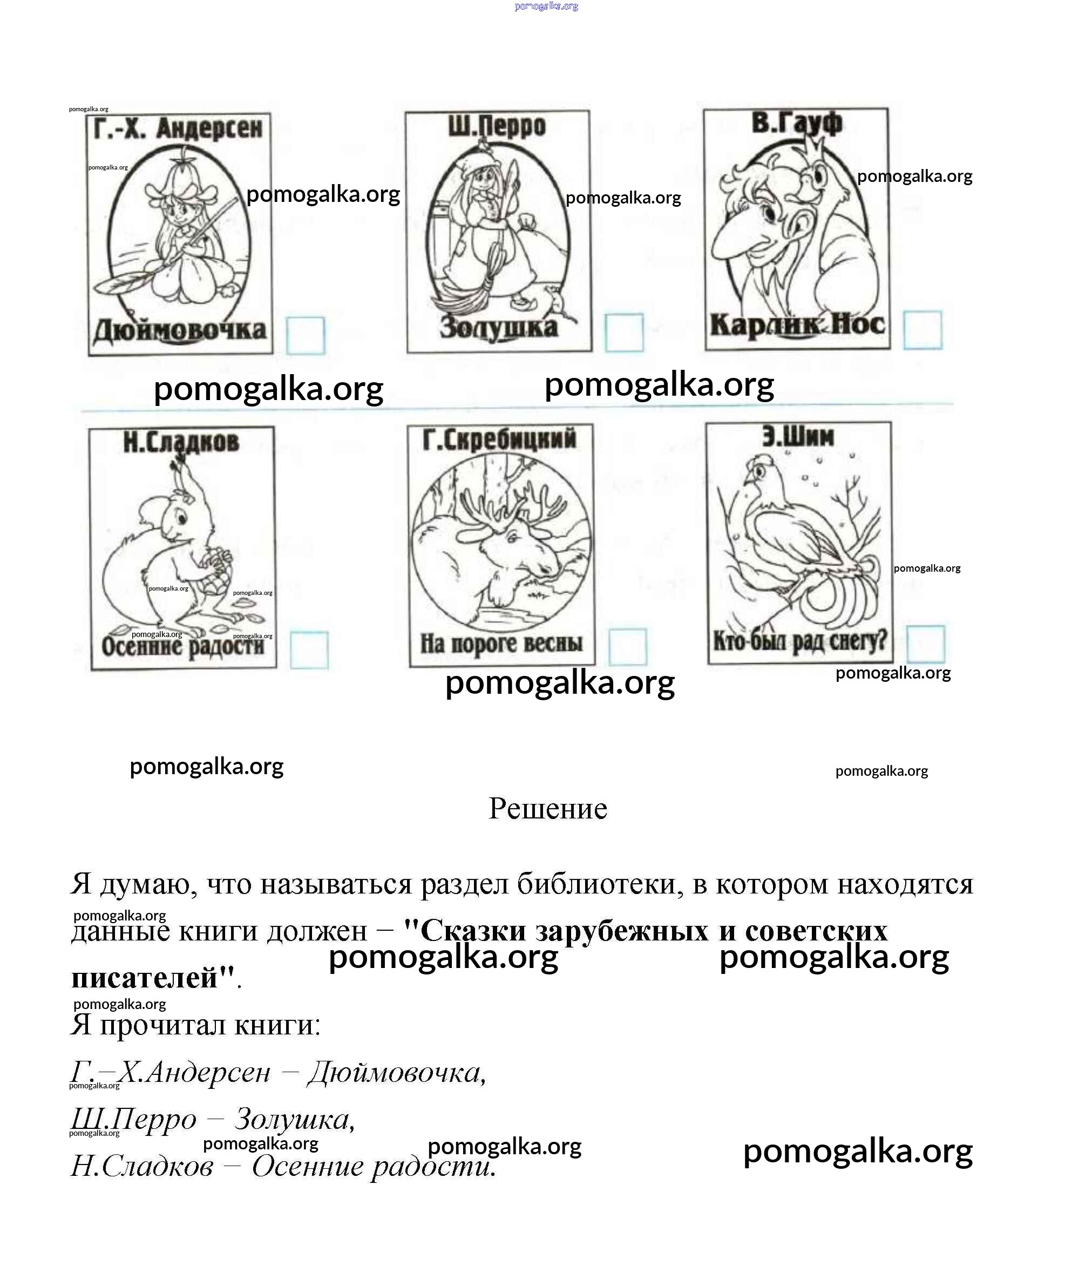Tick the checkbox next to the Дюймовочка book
(x=305, y=335)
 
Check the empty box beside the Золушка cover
(x=623, y=333)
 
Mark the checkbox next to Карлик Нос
(x=922, y=330)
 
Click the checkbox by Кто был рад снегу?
(x=925, y=644)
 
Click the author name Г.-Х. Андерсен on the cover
(x=179, y=129)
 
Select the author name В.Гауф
(x=796, y=123)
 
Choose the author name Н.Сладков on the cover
(x=181, y=442)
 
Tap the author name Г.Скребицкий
(x=499, y=439)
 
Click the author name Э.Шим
(x=797, y=436)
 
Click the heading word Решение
(x=547, y=809)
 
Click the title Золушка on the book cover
(x=499, y=327)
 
